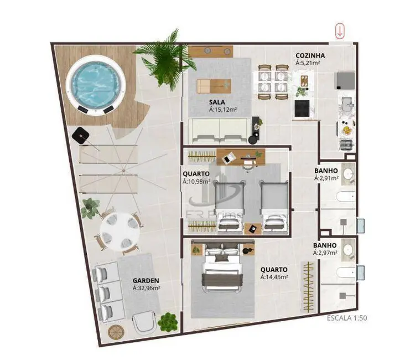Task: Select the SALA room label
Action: [x=216, y=102]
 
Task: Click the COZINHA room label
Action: [x=310, y=55]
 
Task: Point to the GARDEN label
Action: [x=146, y=280]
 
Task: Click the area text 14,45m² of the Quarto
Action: [x=274, y=277]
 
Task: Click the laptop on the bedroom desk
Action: [x=227, y=158]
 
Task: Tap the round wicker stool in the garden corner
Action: [x=116, y=332]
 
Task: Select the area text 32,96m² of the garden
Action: [x=146, y=288]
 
